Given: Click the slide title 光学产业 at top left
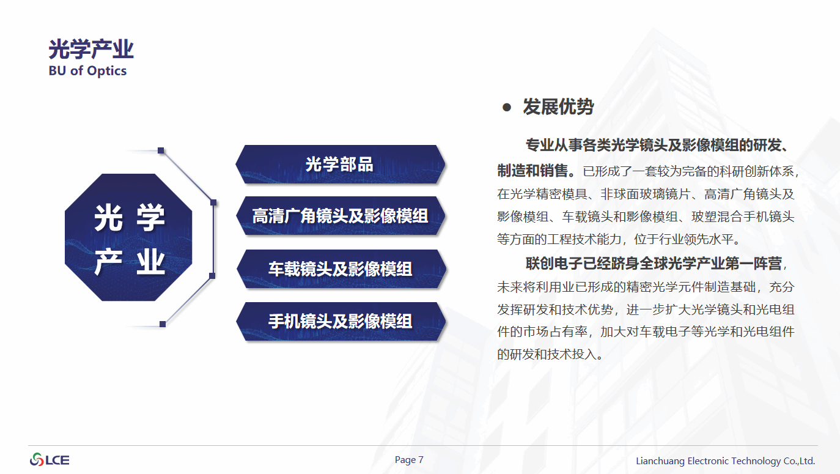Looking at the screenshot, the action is [91, 49].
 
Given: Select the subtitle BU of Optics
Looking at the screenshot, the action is [88, 70].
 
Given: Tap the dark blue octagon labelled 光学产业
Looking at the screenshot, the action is [128, 237].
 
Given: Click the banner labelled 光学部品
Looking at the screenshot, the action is [340, 165].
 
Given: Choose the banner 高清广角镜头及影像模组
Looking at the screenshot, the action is [340, 216].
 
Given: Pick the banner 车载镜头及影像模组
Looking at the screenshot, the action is [341, 268].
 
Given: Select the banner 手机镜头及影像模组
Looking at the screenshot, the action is [341, 321].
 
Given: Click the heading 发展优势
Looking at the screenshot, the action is [558, 107].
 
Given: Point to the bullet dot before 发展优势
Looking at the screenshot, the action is [507, 108].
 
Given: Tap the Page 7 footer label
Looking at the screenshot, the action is [409, 460].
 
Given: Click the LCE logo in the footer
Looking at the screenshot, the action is [50, 460].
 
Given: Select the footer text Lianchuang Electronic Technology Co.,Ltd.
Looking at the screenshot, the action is [726, 461].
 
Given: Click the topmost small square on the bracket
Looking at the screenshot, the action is [161, 150].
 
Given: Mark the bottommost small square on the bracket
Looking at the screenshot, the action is [163, 324].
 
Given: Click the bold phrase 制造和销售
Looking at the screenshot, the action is [532, 171].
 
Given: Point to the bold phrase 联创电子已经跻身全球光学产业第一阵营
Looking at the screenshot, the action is [654, 264].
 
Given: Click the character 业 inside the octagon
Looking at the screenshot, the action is [151, 262].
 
